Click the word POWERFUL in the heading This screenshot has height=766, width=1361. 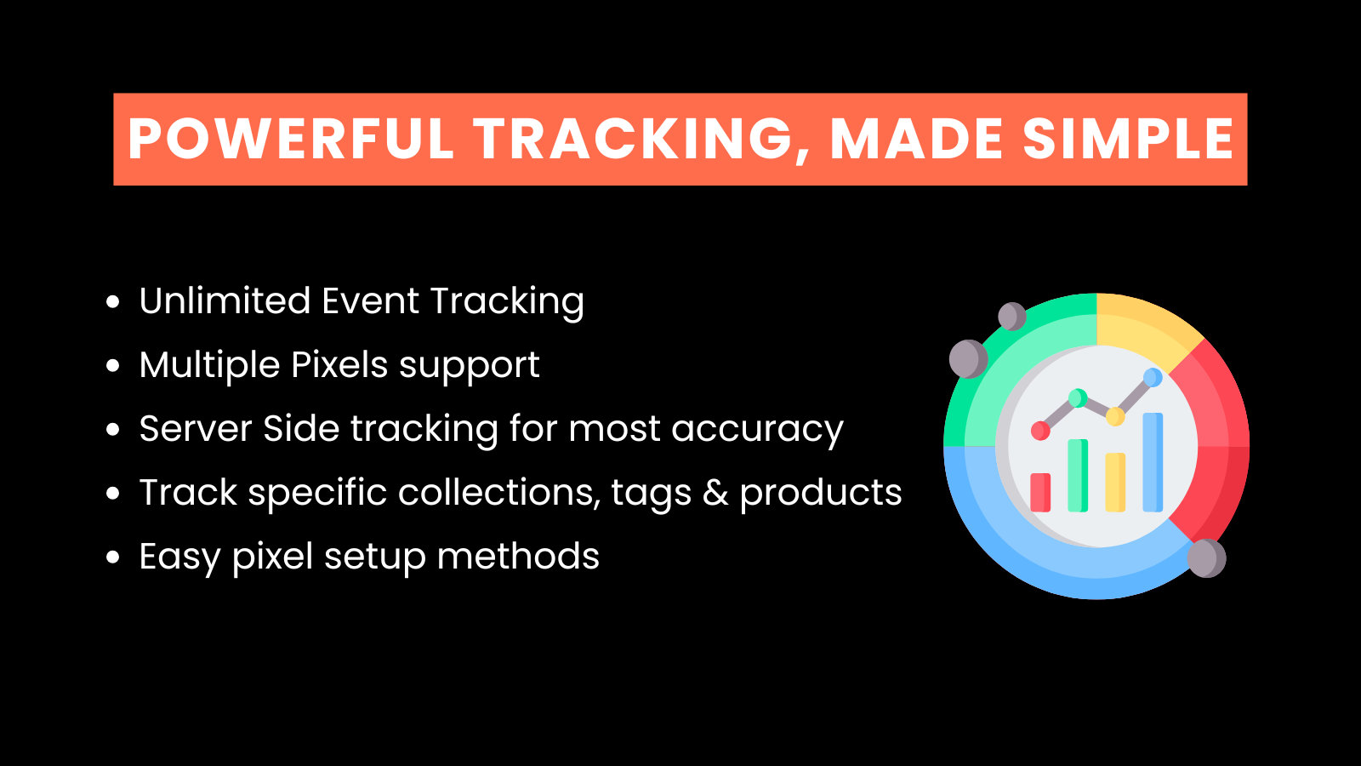coord(291,140)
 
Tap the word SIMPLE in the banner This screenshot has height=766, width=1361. coord(1128,140)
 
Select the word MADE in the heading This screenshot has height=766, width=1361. coord(915,140)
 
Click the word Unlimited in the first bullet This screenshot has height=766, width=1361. coord(225,300)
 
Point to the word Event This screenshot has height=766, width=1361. coord(370,300)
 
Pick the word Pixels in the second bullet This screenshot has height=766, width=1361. coord(339,365)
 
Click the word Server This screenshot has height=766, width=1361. coord(196,428)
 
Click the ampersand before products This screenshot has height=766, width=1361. coord(715,493)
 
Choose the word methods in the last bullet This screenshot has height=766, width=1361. coord(518,556)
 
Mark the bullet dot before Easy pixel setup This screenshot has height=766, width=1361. coord(113,557)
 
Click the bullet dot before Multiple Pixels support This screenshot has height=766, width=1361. coord(113,365)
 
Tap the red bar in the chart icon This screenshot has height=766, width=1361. coord(1040,493)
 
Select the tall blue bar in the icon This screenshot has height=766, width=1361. coord(1153,462)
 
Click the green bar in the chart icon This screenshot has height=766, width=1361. coord(1078,476)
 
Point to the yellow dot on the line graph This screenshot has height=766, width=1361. coord(1115,416)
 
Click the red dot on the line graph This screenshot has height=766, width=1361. coord(1040,431)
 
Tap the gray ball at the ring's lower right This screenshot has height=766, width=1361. coord(1206,558)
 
